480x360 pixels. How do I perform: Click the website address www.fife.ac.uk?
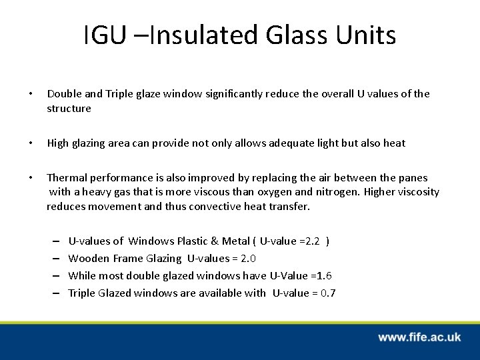point(419,337)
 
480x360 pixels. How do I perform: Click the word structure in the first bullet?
point(69,108)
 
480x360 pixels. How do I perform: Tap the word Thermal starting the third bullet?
point(65,178)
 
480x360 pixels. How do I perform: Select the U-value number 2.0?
point(249,258)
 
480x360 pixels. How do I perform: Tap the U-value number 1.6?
point(324,275)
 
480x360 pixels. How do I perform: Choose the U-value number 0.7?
point(328,293)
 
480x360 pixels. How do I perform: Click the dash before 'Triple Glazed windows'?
point(55,293)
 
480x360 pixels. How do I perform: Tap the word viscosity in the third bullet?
point(417,192)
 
